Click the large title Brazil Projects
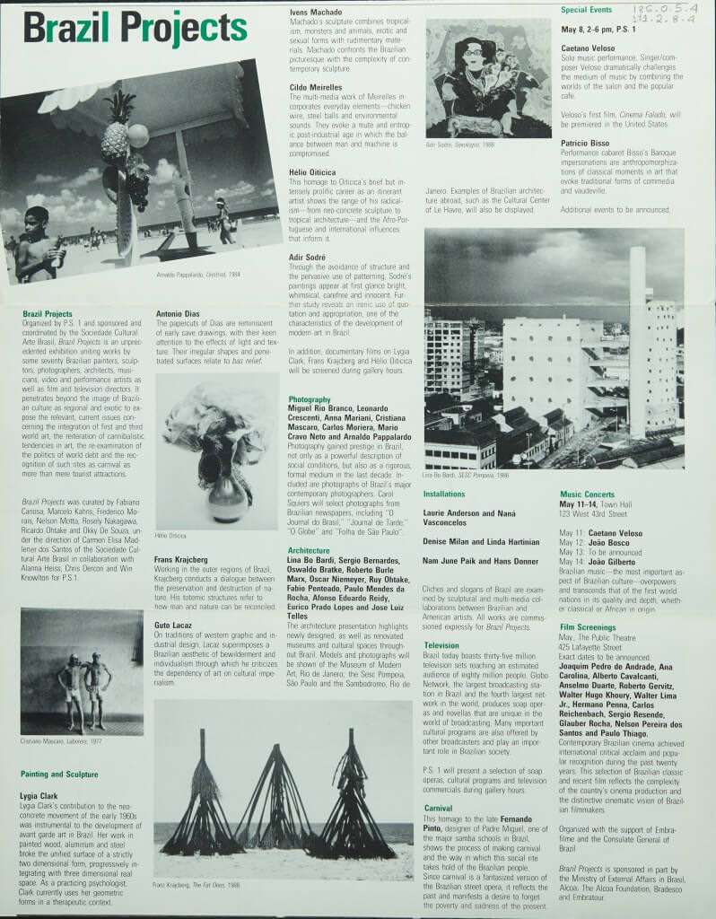click(135, 29)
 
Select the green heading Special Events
click(587, 10)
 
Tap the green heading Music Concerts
click(588, 494)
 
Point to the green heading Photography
click(310, 398)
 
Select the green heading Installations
click(444, 494)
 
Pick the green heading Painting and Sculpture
click(59, 774)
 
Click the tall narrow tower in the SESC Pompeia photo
click(637, 341)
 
